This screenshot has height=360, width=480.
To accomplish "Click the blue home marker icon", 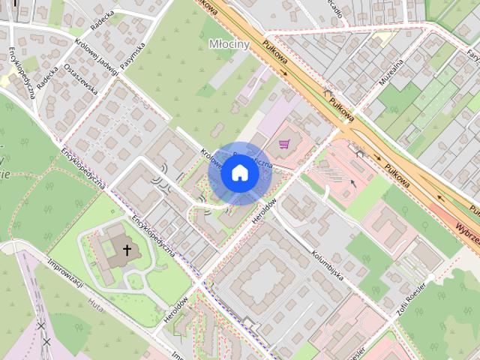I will [x=239, y=173].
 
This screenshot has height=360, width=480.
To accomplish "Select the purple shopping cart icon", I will [x=284, y=144].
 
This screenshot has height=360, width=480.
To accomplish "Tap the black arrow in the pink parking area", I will [x=353, y=181].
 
